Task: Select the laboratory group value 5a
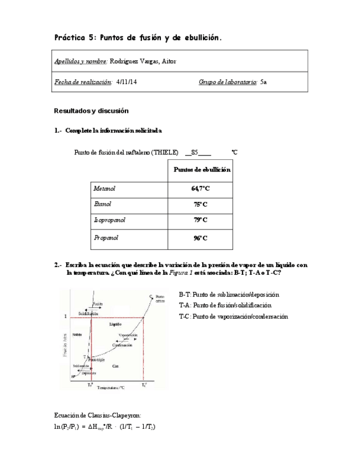(264, 82)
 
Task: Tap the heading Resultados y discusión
(91, 111)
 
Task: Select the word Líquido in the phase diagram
(115, 324)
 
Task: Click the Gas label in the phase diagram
(115, 366)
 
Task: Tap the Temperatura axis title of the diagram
(113, 388)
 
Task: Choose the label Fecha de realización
(82, 82)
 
